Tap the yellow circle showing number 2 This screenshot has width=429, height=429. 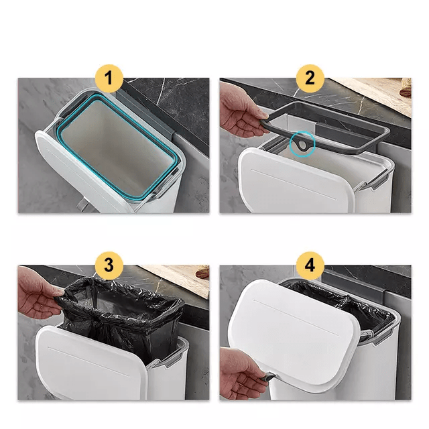click(310, 78)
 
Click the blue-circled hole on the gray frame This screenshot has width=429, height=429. click(303, 143)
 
